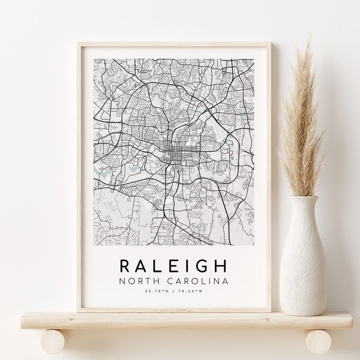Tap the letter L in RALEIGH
[151, 265]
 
